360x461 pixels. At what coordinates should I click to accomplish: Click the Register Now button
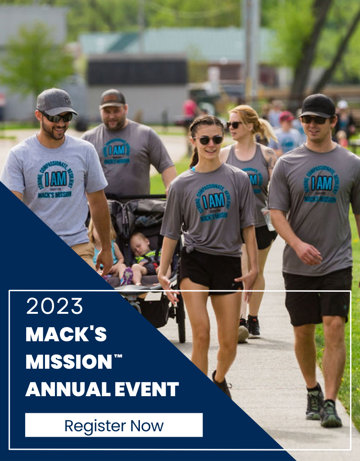pyautogui.click(x=114, y=425)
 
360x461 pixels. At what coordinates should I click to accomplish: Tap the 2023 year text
pyautogui.click(x=54, y=307)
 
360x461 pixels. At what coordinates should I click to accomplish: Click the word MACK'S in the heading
pyautogui.click(x=66, y=334)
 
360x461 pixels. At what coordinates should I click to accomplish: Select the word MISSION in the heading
pyautogui.click(x=68, y=362)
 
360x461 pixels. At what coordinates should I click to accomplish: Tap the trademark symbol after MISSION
pyautogui.click(x=118, y=357)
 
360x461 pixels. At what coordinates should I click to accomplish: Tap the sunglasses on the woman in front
pyautogui.click(x=208, y=140)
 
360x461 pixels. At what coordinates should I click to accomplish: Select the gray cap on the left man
pyautogui.click(x=55, y=102)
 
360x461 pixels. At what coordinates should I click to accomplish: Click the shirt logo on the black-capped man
pyautogui.click(x=321, y=183)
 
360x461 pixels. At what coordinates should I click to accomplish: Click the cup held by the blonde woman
pyautogui.click(x=269, y=219)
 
